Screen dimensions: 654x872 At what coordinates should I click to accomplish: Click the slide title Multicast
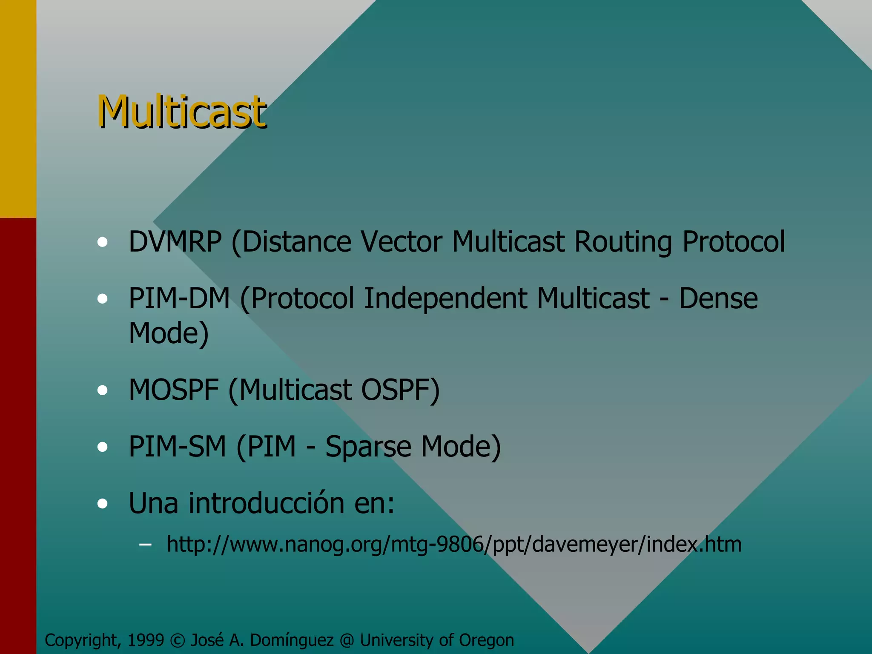click(182, 112)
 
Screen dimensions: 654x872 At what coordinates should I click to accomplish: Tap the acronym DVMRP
click(175, 242)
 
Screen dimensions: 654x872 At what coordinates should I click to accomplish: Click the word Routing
click(623, 242)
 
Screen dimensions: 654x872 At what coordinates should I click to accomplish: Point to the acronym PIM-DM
click(179, 298)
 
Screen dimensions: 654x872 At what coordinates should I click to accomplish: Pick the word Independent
click(445, 298)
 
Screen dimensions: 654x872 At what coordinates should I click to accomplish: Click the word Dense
click(718, 298)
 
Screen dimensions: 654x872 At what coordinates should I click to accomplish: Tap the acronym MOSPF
click(174, 390)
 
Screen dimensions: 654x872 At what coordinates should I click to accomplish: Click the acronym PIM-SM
click(177, 447)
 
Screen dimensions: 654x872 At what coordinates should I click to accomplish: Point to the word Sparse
click(368, 447)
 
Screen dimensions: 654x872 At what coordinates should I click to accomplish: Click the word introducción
click(267, 503)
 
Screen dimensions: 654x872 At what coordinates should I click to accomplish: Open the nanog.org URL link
click(454, 544)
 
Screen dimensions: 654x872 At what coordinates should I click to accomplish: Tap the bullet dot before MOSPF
click(102, 390)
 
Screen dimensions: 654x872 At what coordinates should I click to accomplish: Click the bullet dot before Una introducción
click(102, 504)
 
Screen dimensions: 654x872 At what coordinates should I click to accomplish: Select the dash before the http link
click(145, 544)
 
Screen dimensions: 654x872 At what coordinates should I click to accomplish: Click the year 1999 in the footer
click(146, 640)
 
